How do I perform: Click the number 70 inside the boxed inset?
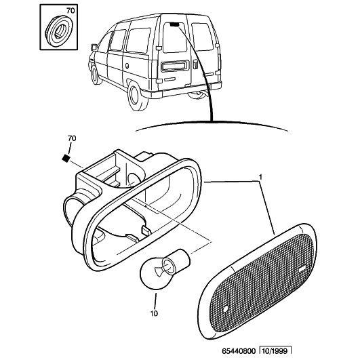71,11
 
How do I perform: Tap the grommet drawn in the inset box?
59,31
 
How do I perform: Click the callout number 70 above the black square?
72,138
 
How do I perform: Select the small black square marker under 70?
66,158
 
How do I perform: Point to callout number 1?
260,177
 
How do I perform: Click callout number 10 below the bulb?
154,313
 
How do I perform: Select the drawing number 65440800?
239,351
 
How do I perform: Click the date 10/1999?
275,351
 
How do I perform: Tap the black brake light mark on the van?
175,24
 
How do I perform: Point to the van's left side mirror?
94,47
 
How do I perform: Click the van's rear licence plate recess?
175,66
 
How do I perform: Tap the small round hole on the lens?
226,308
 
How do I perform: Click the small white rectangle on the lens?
302,269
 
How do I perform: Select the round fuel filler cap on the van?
127,66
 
